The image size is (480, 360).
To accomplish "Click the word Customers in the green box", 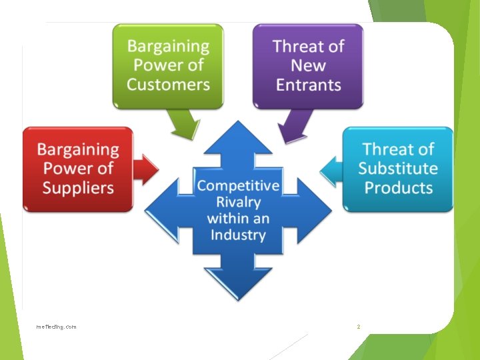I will (x=168, y=85).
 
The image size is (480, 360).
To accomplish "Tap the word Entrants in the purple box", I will (x=308, y=85).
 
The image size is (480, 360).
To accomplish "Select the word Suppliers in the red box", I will (x=78, y=187).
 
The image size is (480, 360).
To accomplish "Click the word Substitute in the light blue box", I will (x=398, y=168).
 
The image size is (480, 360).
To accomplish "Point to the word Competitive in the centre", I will (x=238, y=185).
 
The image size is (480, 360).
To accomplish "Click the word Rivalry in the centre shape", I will (x=238, y=201).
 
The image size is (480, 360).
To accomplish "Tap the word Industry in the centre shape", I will (x=238, y=235).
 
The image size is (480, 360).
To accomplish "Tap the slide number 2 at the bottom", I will (x=358, y=327).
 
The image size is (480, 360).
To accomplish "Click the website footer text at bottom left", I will (x=57, y=327).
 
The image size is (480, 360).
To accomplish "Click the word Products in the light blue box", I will (x=398, y=187).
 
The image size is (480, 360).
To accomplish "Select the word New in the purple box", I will (x=308, y=65).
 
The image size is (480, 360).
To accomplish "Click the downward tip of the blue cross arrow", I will (x=238, y=296).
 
